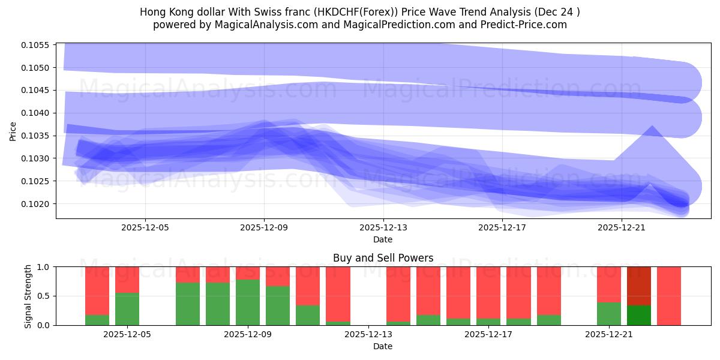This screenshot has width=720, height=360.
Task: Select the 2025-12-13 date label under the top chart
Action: [x=383, y=228]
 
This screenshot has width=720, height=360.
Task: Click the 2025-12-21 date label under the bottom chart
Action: [x=609, y=335]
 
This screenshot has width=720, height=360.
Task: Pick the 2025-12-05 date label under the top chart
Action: [x=145, y=228]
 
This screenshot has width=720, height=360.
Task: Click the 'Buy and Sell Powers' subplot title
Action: [x=383, y=258]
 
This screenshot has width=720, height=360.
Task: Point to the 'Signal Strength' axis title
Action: [x=28, y=296]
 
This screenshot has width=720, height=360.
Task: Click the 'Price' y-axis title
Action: [x=13, y=131]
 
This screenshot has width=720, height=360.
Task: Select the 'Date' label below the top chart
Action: [x=383, y=239]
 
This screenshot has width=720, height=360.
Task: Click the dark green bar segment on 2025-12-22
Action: [x=639, y=316]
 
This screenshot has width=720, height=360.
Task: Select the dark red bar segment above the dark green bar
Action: [x=639, y=286]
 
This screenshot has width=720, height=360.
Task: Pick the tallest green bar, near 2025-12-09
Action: [x=248, y=302]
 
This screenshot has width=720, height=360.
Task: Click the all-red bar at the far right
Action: [x=669, y=296]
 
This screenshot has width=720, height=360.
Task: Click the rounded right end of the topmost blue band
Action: [x=684, y=83]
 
